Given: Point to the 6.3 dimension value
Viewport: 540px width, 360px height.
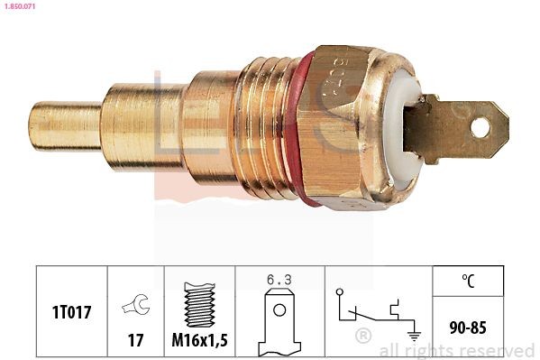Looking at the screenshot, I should click(x=279, y=280).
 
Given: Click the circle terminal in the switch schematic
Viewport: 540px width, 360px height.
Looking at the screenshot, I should click(x=338, y=292).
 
